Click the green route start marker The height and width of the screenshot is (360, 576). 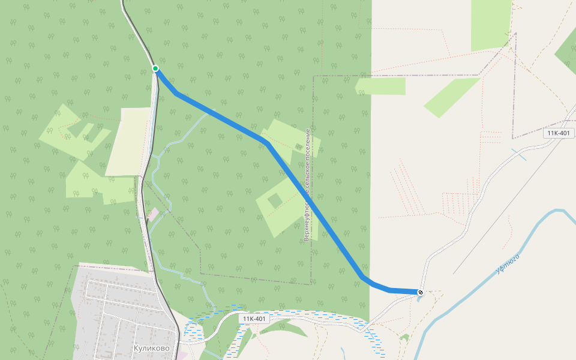tap(155, 68)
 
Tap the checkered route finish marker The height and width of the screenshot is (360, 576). tap(421, 292)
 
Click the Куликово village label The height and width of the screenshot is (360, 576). tap(152, 348)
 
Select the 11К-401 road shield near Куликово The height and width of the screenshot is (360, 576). tap(254, 319)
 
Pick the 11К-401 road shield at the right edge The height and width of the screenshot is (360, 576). tap(557, 133)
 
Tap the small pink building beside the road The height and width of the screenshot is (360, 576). tap(154, 213)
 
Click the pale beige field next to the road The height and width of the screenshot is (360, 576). tap(128, 142)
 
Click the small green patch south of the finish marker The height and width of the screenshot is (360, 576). tap(405, 337)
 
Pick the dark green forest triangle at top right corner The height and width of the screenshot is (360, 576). tap(567, 51)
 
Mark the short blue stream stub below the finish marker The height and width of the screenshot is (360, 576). tap(419, 298)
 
